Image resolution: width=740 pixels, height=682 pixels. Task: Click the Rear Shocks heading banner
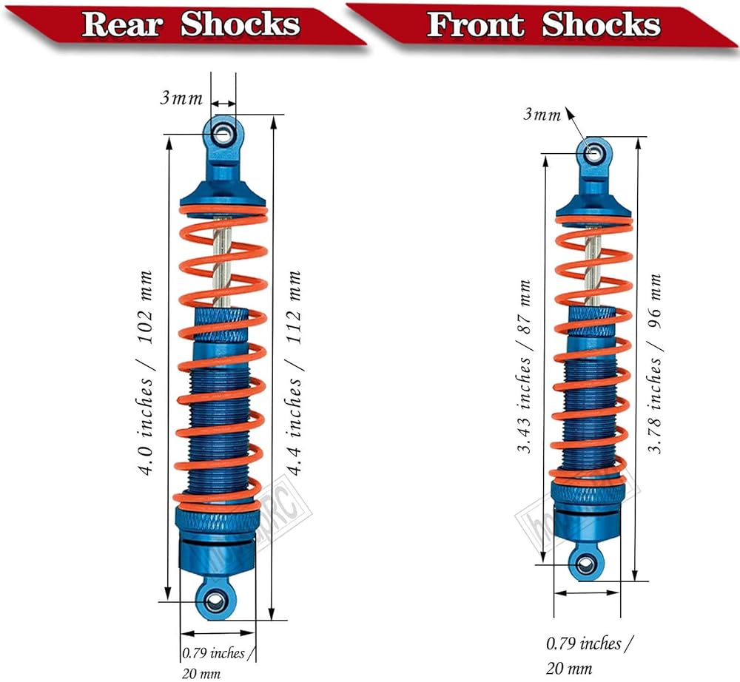pyautogui.click(x=191, y=24)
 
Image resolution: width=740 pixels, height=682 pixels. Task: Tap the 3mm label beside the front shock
pyautogui.click(x=542, y=114)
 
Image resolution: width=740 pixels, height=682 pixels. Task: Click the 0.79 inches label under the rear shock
pyautogui.click(x=212, y=653)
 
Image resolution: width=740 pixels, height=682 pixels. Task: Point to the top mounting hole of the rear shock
pyautogui.click(x=222, y=134)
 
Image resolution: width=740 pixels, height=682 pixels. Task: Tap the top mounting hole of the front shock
pyautogui.click(x=593, y=153)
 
